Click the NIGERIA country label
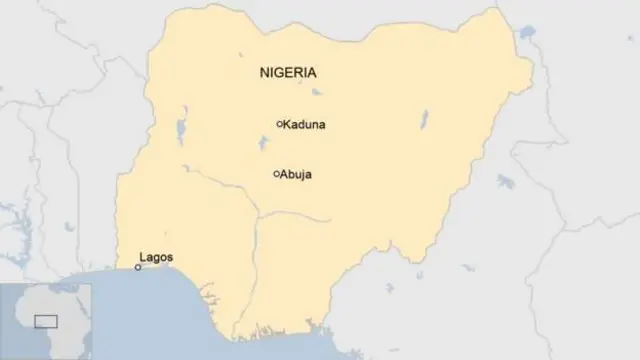click(288, 73)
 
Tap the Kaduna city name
click(305, 125)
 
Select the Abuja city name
click(297, 175)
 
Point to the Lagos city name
click(156, 258)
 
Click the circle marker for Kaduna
click(279, 124)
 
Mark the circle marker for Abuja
click(276, 174)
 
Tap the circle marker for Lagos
click(138, 267)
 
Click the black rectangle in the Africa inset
click(46, 321)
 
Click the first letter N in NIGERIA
click(264, 73)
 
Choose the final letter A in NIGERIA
click(312, 73)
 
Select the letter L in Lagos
click(143, 258)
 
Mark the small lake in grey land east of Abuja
click(504, 181)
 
